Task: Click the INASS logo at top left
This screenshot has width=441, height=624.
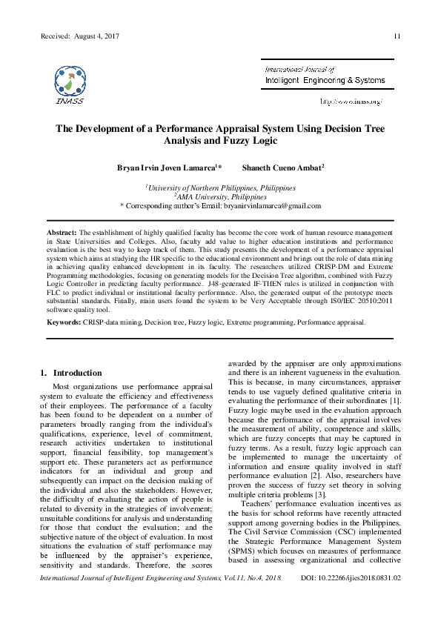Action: (69, 84)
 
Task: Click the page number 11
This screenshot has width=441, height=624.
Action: (397, 36)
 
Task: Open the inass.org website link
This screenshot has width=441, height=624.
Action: (351, 101)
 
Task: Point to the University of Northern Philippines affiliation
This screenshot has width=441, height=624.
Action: (220, 188)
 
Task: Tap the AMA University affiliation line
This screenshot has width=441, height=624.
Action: (220, 197)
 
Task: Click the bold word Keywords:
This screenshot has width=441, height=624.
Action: (63, 344)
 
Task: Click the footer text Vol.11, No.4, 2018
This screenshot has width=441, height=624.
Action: (247, 597)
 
